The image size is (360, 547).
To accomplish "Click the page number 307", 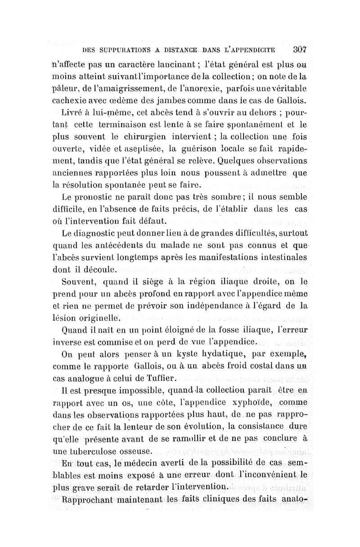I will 299,49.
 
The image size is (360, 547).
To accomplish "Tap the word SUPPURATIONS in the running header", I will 121,49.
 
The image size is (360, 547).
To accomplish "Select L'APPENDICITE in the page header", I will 252,49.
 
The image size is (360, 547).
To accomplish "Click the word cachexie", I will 70,100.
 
